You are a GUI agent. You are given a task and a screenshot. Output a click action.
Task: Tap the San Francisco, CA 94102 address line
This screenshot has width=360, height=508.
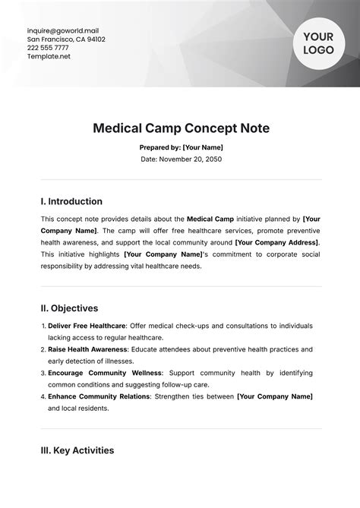66,39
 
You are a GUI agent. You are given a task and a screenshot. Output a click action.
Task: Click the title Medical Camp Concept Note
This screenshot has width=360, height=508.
180,128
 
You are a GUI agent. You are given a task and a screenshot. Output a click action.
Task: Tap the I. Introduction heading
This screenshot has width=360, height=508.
71,201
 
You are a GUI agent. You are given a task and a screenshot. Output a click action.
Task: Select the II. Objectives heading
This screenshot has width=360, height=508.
69,308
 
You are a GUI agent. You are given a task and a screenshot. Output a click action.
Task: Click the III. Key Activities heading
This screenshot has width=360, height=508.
77,450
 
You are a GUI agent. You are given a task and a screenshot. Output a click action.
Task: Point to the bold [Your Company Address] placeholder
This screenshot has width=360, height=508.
277,241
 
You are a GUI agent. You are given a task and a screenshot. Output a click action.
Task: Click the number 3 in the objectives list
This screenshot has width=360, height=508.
42,374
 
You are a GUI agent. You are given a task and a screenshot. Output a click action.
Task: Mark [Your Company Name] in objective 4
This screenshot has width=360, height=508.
275,396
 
